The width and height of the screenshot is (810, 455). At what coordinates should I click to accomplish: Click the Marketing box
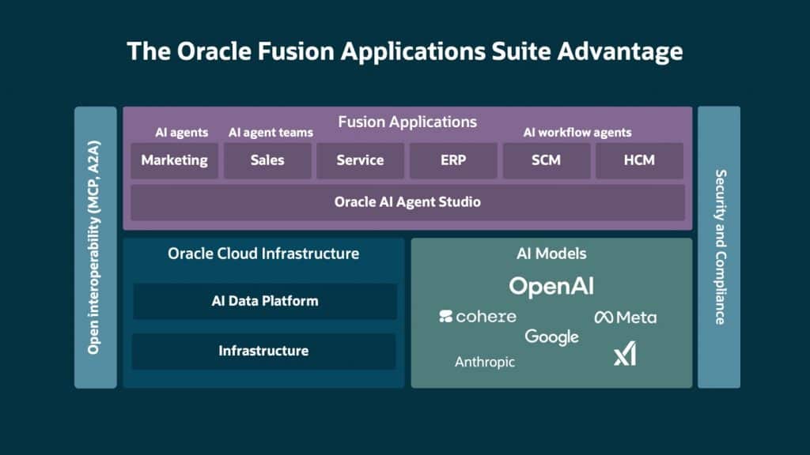(174, 160)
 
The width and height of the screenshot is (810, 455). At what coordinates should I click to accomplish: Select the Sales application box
(267, 160)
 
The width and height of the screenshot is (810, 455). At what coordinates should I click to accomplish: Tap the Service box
(360, 160)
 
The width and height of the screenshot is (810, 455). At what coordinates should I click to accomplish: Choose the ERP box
(453, 160)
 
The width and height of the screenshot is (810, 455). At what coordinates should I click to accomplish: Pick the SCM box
(546, 160)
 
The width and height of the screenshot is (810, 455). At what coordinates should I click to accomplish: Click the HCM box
(639, 160)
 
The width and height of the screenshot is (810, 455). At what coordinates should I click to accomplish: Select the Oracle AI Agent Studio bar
(407, 201)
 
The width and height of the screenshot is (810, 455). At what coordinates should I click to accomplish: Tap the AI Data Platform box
(265, 301)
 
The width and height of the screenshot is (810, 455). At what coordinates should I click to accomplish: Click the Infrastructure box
(263, 351)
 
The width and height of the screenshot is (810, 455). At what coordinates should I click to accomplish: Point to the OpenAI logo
(551, 286)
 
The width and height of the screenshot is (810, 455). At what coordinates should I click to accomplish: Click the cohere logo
(478, 317)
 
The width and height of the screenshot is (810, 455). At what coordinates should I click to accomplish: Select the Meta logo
(625, 318)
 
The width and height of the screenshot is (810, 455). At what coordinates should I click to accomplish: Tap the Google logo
(551, 337)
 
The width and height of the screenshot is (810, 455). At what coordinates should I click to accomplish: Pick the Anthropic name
(485, 363)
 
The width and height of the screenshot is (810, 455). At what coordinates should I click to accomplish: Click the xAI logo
(625, 355)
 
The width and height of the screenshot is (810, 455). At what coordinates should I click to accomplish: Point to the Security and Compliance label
(719, 247)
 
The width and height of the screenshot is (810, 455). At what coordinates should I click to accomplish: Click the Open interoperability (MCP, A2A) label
(95, 247)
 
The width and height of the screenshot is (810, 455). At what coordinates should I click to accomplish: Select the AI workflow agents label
(577, 133)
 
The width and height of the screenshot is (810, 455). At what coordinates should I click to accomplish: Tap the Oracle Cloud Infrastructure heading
(263, 254)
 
